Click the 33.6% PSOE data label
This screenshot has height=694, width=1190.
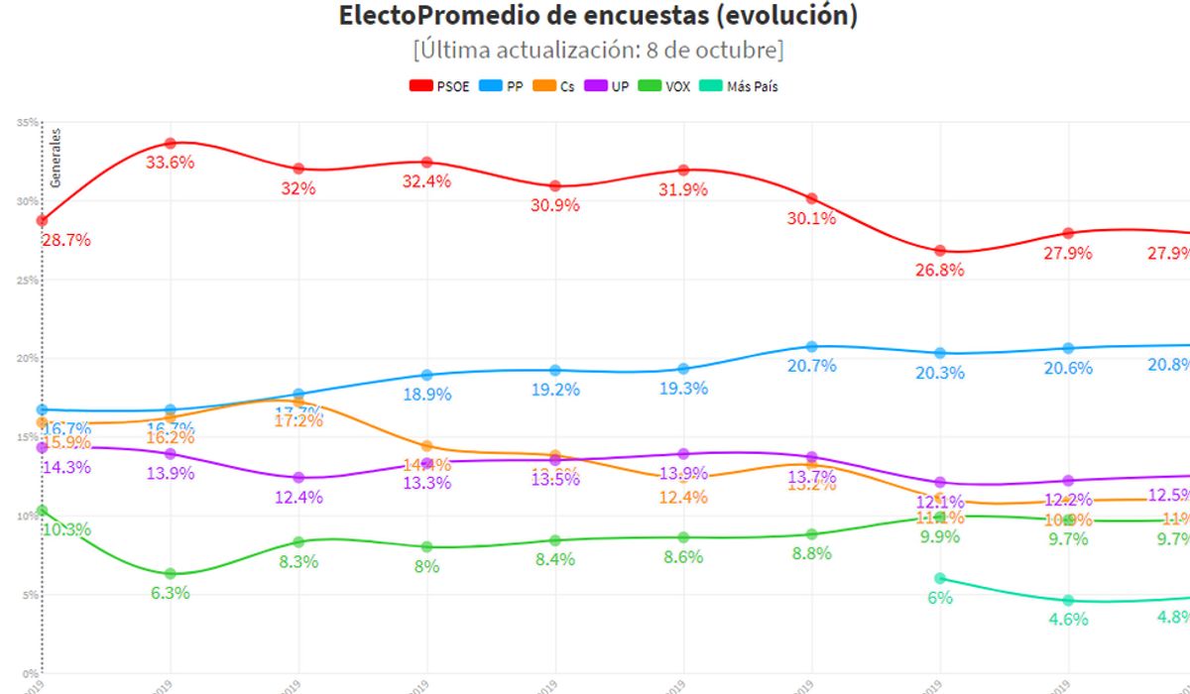pyautogui.click(x=170, y=164)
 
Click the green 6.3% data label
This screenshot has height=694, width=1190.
pyautogui.click(x=170, y=594)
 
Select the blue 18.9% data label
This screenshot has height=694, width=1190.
pyautogui.click(x=426, y=395)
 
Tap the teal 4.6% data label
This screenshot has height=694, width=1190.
pyautogui.click(x=1067, y=620)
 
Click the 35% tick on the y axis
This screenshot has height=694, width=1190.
pyautogui.click(x=27, y=122)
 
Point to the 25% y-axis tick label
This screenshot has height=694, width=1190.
pyautogui.click(x=27, y=280)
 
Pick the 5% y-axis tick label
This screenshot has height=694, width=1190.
pyautogui.click(x=30, y=595)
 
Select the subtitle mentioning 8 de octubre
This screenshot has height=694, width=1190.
pyautogui.click(x=598, y=50)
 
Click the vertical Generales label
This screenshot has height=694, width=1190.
pyautogui.click(x=57, y=158)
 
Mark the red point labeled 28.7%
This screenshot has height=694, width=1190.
pyautogui.click(x=42, y=220)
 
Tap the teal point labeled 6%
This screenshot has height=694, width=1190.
pyautogui.click(x=940, y=578)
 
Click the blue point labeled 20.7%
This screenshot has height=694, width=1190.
pyautogui.click(x=812, y=346)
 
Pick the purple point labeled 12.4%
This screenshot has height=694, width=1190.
pyautogui.click(x=298, y=477)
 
